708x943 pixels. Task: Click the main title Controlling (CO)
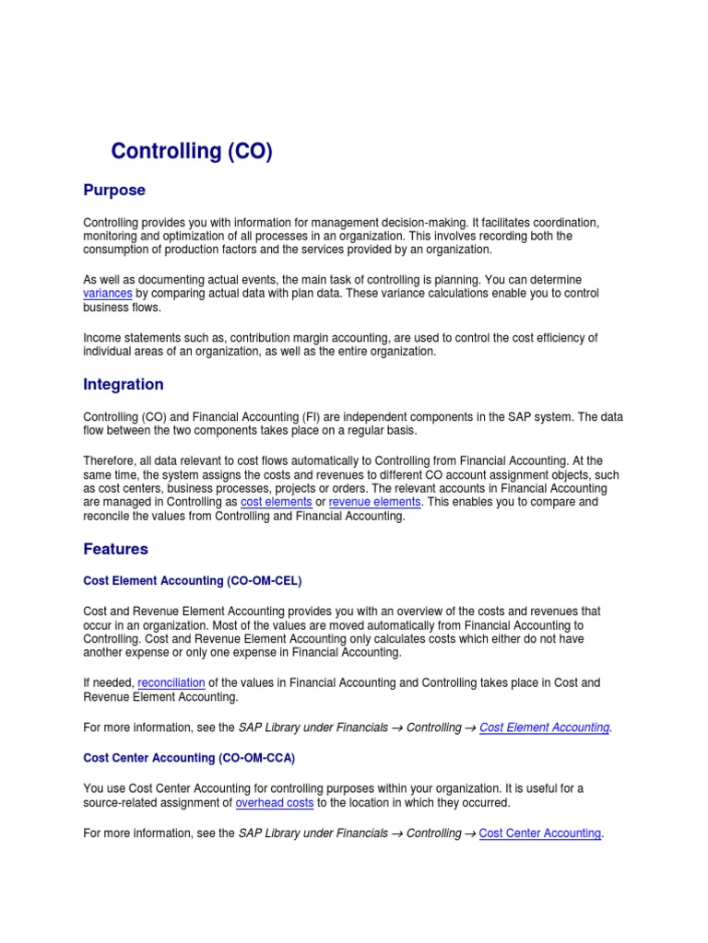(x=192, y=151)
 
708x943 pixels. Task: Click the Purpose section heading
(x=114, y=191)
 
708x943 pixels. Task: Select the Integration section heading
(x=124, y=384)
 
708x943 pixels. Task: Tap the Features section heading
(x=115, y=549)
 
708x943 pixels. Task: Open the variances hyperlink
(x=108, y=293)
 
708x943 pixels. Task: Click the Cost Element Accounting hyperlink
(x=544, y=728)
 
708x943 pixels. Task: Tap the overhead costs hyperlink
(x=275, y=803)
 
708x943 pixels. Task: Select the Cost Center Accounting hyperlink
(x=540, y=833)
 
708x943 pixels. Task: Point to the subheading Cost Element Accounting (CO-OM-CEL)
(x=193, y=581)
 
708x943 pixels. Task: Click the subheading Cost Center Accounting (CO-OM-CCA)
(x=189, y=758)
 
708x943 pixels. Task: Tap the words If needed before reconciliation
(x=108, y=682)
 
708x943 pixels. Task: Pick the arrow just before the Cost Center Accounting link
(x=470, y=833)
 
